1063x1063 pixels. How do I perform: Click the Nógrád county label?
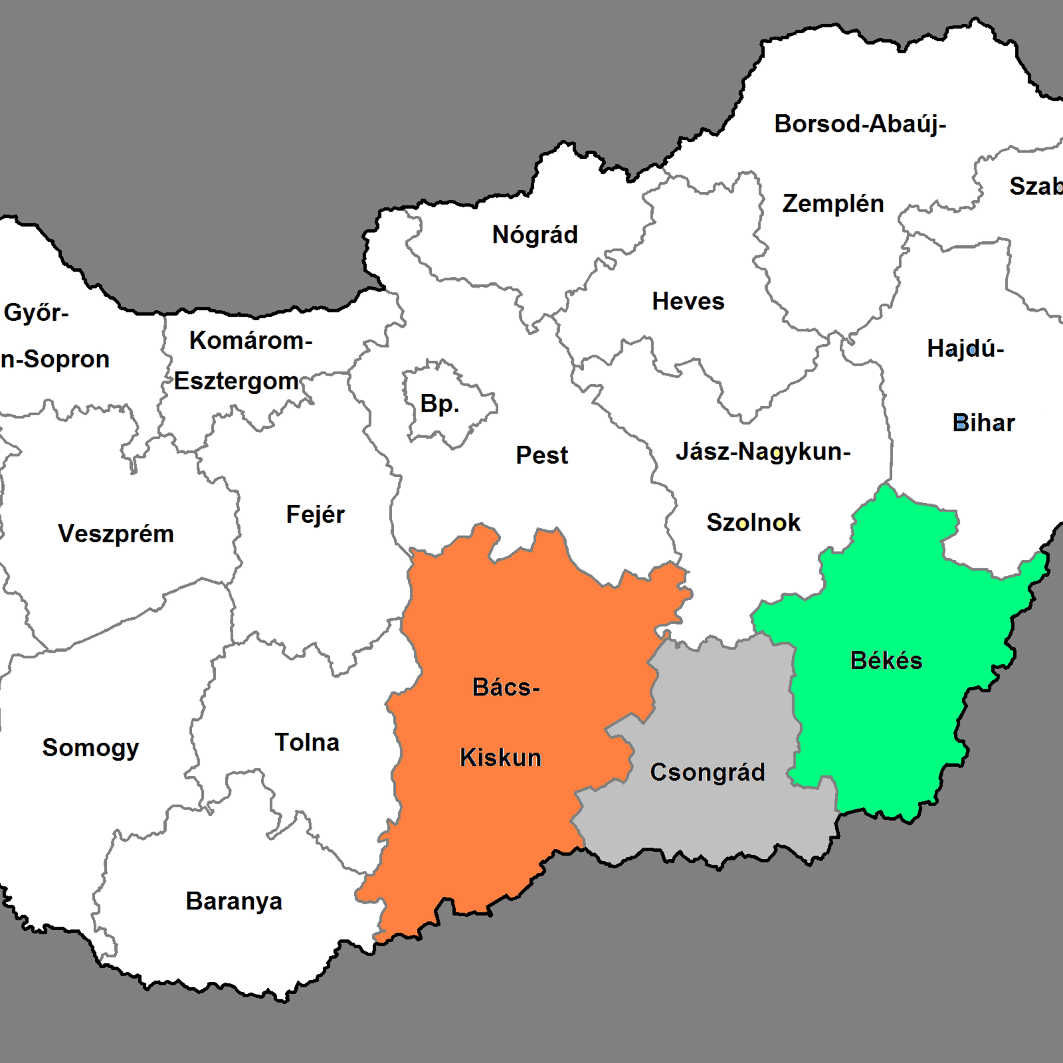tap(535, 235)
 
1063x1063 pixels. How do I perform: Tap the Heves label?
tap(688, 302)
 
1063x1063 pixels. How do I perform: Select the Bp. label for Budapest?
tap(439, 404)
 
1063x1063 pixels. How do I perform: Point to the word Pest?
tap(541, 456)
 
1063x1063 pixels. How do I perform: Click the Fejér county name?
tap(315, 515)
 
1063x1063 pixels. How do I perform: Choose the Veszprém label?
tap(116, 534)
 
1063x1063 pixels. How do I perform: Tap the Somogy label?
tap(90, 748)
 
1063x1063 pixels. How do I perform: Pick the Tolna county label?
tap(307, 743)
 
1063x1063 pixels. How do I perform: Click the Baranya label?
tap(234, 902)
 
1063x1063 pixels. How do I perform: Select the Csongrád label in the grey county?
tap(707, 773)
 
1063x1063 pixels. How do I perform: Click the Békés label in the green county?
tap(886, 661)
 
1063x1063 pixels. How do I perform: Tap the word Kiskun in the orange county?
tap(500, 758)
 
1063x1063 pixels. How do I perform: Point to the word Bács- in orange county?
tap(506, 688)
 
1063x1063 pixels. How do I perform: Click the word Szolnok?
tap(753, 523)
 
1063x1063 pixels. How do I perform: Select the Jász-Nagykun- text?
tap(763, 452)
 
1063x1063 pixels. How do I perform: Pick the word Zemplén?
tap(833, 204)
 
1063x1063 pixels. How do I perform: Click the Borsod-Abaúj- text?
tap(860, 124)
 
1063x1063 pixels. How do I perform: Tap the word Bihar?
tap(983, 423)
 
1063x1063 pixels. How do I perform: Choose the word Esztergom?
tap(237, 381)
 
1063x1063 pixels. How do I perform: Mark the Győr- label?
tap(36, 312)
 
